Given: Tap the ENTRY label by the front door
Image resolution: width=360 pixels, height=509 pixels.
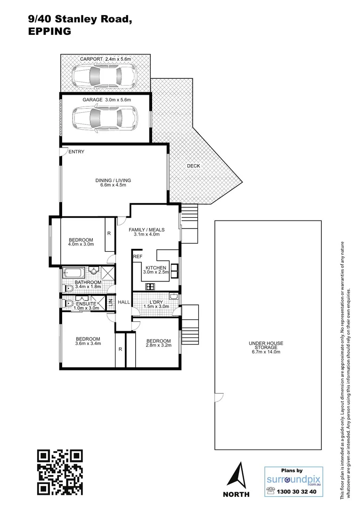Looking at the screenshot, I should coord(76,152).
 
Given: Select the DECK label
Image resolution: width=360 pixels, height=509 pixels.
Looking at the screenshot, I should coord(193,166).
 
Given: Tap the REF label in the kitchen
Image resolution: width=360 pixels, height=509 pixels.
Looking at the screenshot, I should coord(138,257).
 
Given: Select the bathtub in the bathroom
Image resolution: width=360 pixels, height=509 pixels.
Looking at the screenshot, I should coord(74,272).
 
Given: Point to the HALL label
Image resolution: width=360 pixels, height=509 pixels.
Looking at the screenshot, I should coord(124,302).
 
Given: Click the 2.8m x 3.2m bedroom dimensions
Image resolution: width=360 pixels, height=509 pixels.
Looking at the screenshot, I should coord(158,345).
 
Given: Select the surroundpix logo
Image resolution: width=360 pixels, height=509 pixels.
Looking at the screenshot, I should coord(294,478).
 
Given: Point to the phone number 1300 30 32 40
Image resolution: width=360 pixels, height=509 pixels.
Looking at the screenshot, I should coord(298,491).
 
